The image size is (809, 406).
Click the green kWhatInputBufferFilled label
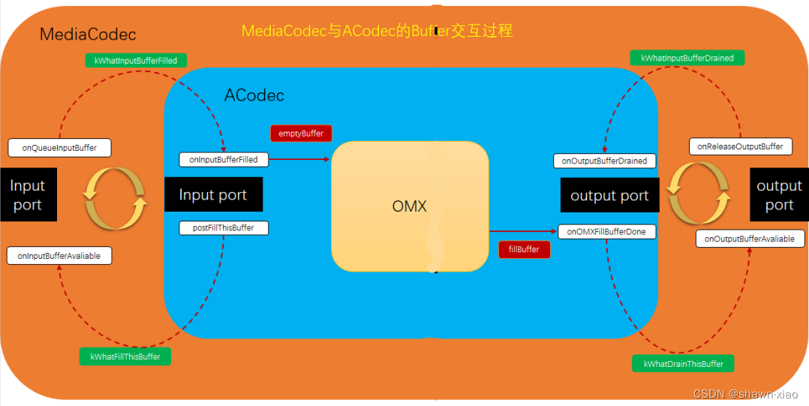pos(137,61)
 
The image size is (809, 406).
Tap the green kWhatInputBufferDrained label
pos(687,58)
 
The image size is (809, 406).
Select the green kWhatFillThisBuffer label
pos(125,356)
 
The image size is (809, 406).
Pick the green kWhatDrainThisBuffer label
pos(683,364)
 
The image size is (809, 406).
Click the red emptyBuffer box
pos(301,134)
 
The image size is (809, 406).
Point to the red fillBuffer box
pos(524,249)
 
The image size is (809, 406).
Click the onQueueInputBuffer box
pos(59,148)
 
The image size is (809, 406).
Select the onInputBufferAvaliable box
pos(59,256)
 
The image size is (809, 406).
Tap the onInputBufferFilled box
pos(224,159)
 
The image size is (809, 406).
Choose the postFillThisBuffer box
pos(224,227)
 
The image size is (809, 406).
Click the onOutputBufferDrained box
pos(604,161)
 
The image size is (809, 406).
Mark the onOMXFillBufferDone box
pos(606,232)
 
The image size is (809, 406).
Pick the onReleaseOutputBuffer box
pos(740,146)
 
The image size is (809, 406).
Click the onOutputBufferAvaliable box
pos(750,239)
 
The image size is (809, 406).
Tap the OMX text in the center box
pos(409,206)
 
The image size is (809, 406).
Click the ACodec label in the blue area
pos(254,95)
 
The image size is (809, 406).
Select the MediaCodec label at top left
pos(88,35)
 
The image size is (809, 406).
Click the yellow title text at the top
pos(377,32)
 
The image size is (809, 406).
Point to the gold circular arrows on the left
pos(115,198)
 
